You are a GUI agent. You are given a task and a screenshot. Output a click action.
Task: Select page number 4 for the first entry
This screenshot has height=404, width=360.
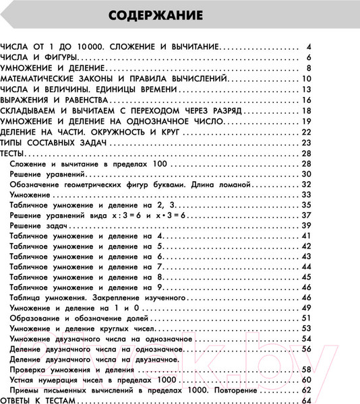[307, 46]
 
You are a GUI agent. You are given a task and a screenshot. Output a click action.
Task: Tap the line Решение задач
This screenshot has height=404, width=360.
[37, 224]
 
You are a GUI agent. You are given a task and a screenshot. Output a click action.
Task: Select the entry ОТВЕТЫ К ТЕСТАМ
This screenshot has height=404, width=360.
[40, 402]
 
